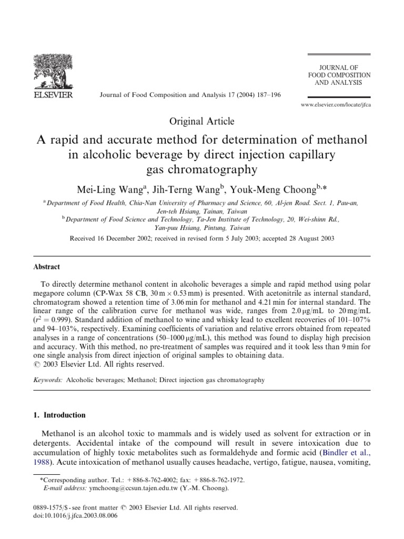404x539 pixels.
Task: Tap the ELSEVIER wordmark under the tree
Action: tap(53, 95)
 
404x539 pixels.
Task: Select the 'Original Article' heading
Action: tap(201, 122)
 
